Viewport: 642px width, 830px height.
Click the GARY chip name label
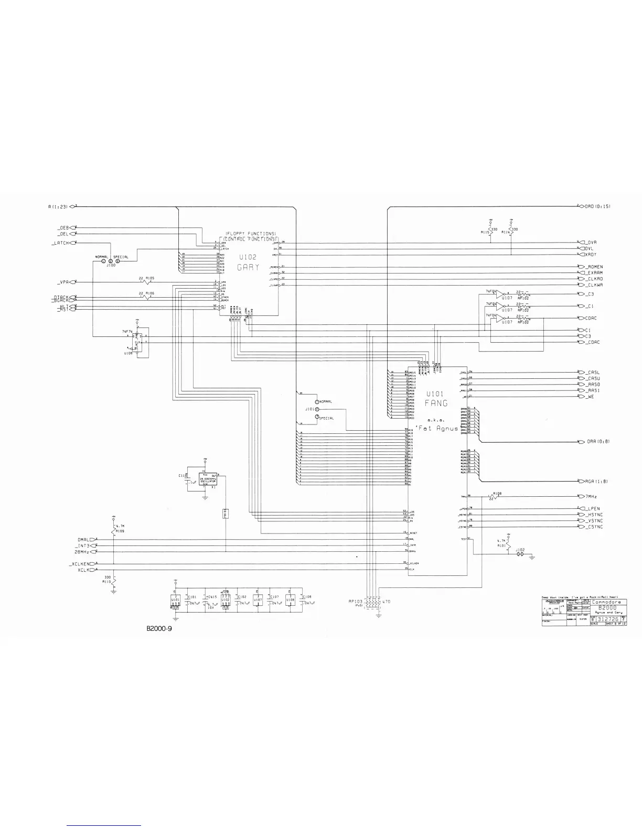(x=249, y=267)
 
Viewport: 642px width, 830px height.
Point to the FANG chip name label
(x=436, y=403)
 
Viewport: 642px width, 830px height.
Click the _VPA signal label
(x=65, y=282)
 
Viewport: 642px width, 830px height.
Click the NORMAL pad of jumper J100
(x=104, y=261)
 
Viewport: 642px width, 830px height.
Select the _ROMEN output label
(x=594, y=267)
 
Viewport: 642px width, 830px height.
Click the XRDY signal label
(x=591, y=254)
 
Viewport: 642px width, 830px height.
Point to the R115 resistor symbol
(x=490, y=231)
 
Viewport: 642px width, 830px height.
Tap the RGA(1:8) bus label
(x=597, y=481)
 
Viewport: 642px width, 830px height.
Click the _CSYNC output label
(x=594, y=527)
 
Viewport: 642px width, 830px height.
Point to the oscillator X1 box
(x=205, y=480)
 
